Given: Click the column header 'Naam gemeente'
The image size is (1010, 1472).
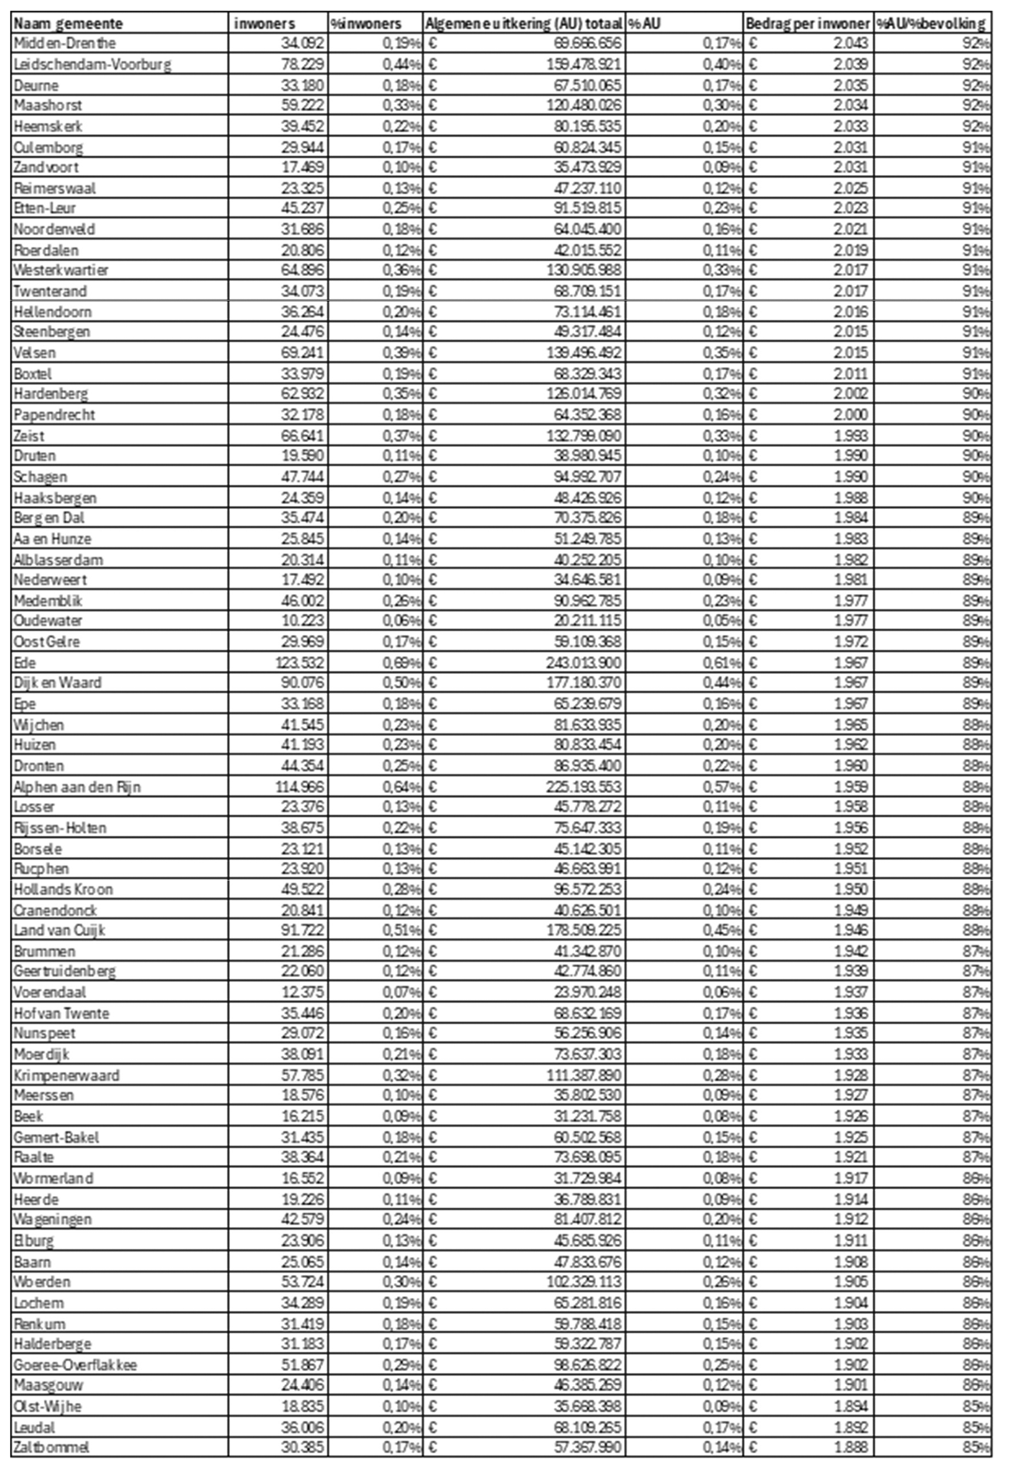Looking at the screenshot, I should pos(68,24).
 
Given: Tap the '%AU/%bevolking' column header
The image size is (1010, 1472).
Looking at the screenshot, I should pos(931,24).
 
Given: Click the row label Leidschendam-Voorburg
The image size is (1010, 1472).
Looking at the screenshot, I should pos(92,65).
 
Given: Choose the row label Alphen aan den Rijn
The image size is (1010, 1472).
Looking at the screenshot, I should pos(78,787).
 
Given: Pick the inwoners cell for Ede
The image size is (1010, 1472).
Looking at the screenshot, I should pos(302,663).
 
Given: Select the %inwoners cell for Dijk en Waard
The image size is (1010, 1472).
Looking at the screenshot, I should pos(401,683).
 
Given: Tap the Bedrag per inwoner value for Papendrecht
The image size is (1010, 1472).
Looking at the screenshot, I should pos(850,415).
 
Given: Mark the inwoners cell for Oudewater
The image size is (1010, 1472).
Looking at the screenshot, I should pos(302,621).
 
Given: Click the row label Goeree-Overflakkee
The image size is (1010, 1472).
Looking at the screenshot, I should pos(75,1365).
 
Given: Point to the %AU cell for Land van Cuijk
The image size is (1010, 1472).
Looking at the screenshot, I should pos(722,930).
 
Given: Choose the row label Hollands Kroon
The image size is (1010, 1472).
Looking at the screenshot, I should pos(63,889).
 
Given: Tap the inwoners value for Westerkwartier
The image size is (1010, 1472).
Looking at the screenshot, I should pos(302,270).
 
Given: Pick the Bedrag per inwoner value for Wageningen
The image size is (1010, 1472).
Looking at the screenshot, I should pos(850,1219).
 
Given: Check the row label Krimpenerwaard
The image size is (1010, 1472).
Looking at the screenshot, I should pos(66,1076).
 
